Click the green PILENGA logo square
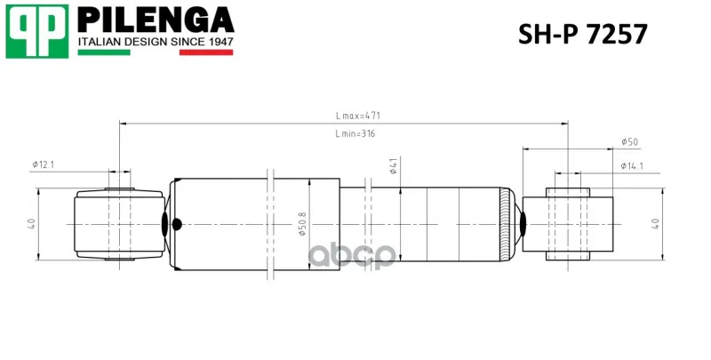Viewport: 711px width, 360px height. (37, 31)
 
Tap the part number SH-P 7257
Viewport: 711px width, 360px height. (583, 34)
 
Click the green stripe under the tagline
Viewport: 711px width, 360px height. (104, 52)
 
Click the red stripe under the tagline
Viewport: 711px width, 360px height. (206, 52)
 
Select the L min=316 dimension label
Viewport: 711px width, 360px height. (355, 133)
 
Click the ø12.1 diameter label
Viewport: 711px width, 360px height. (43, 164)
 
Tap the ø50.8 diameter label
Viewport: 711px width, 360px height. (302, 223)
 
